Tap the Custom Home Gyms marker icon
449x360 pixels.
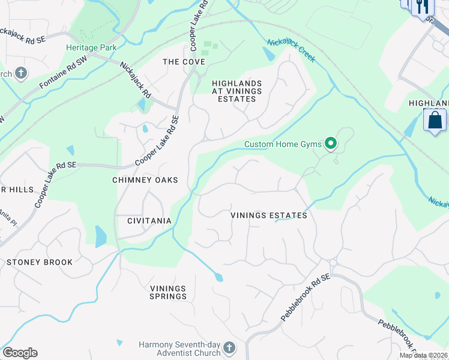click(330, 143)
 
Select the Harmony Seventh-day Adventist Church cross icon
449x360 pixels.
click(229, 348)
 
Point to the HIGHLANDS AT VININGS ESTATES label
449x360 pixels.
click(237, 91)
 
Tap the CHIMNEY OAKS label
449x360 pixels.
click(145, 180)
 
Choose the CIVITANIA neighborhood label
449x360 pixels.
click(149, 221)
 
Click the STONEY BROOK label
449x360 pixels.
click(40, 262)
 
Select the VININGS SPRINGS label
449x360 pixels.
click(168, 292)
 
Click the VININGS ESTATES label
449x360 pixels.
click(270, 215)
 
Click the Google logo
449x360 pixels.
click(20, 353)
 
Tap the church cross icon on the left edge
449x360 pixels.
click(20, 74)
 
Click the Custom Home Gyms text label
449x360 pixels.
click(283, 144)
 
